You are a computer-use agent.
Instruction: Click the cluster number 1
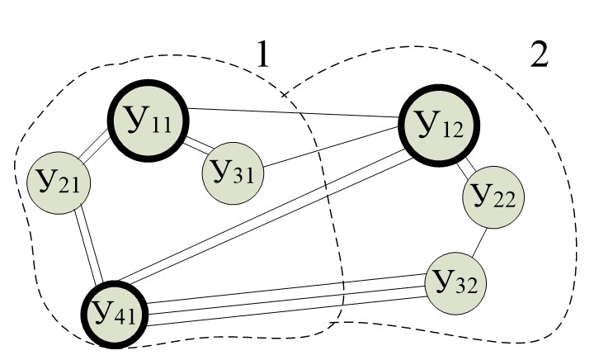pos(262,56)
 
